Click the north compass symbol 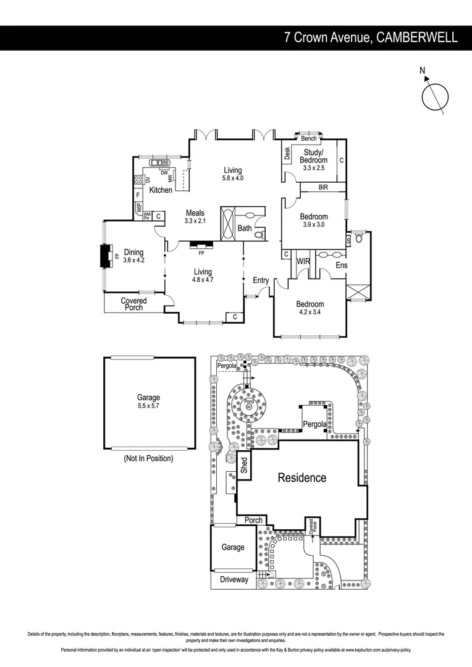(x=435, y=97)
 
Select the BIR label (x=323, y=187)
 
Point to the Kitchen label (x=160, y=190)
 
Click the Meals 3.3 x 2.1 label (x=195, y=217)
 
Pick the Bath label (x=245, y=229)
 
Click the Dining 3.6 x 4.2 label (x=133, y=256)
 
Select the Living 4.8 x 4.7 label (x=203, y=275)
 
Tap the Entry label (x=261, y=280)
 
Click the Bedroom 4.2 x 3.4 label (x=310, y=308)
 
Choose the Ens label (x=341, y=266)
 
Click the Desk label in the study (x=287, y=154)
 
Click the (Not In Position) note (x=148, y=458)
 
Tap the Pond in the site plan (x=250, y=401)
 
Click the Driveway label (x=233, y=579)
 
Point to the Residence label (x=301, y=477)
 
